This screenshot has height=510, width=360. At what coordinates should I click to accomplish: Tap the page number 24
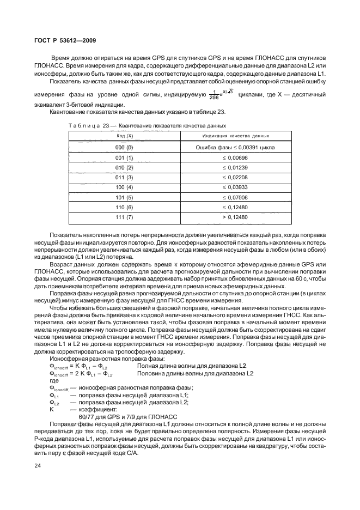click(38, 466)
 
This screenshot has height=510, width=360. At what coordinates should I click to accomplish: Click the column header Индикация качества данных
click(235, 135)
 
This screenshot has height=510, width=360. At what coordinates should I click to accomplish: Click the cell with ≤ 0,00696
click(235, 157)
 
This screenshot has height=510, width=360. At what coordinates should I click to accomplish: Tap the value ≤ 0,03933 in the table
click(235, 187)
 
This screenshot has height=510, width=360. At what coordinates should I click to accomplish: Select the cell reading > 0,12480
click(235, 217)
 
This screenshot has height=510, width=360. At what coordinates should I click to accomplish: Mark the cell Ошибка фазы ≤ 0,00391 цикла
click(235, 148)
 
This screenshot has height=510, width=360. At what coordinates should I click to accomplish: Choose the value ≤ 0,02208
click(235, 178)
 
